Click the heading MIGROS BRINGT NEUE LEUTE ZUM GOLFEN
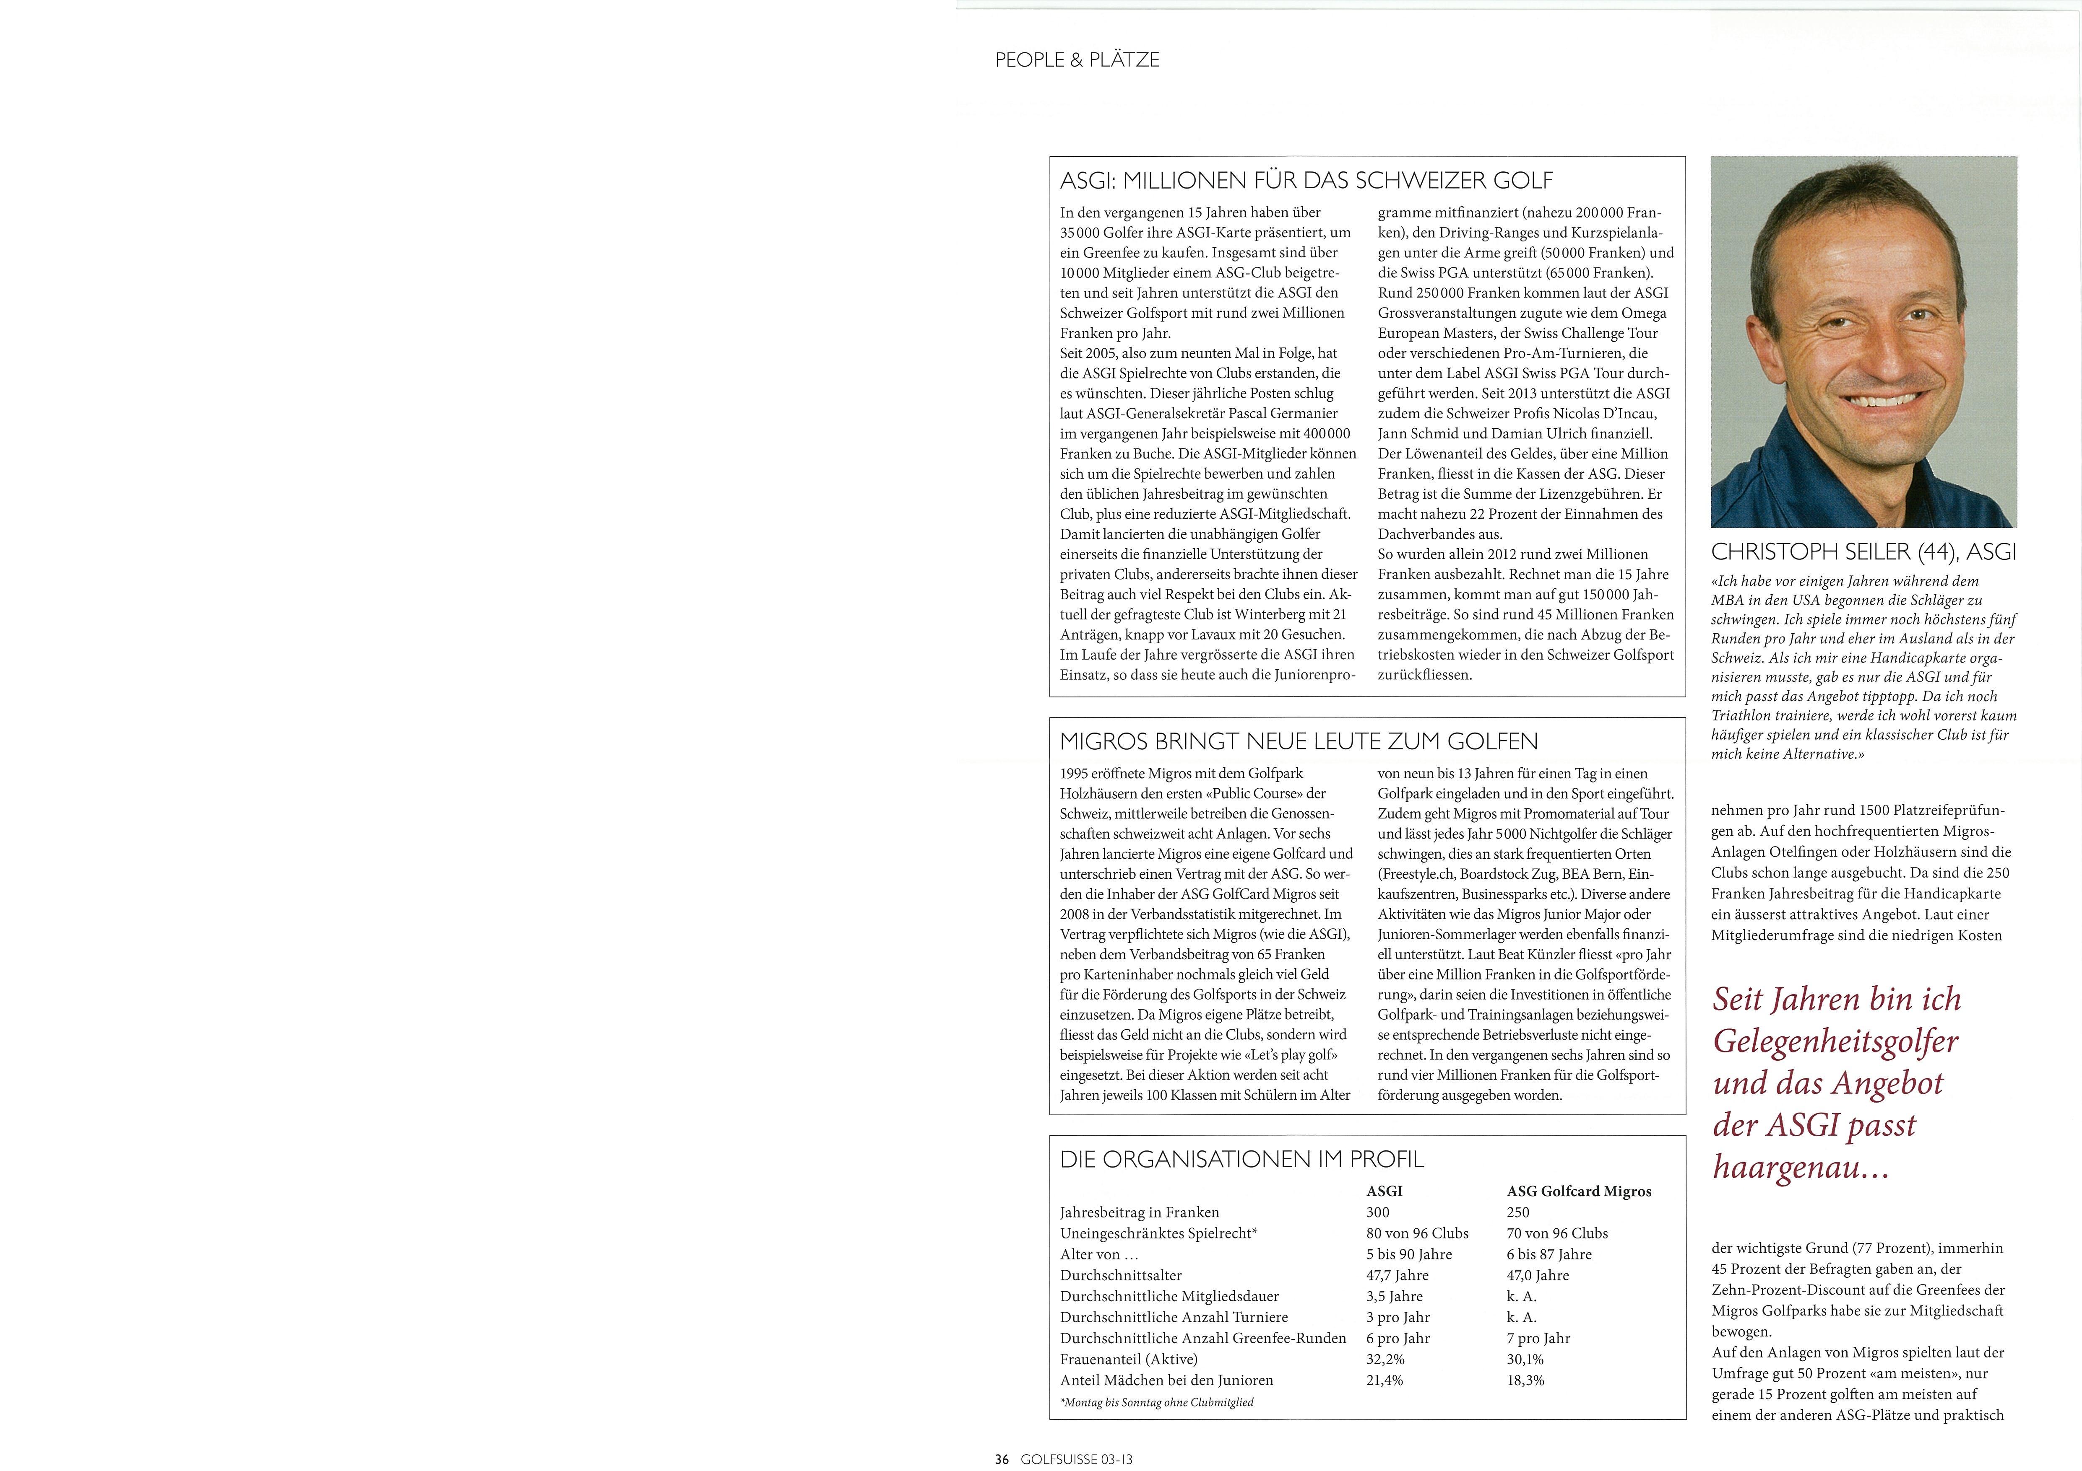1299,741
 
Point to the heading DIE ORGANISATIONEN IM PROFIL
1241,1159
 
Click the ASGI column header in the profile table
1384,1191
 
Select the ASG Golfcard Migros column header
1579,1191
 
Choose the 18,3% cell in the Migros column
1525,1380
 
